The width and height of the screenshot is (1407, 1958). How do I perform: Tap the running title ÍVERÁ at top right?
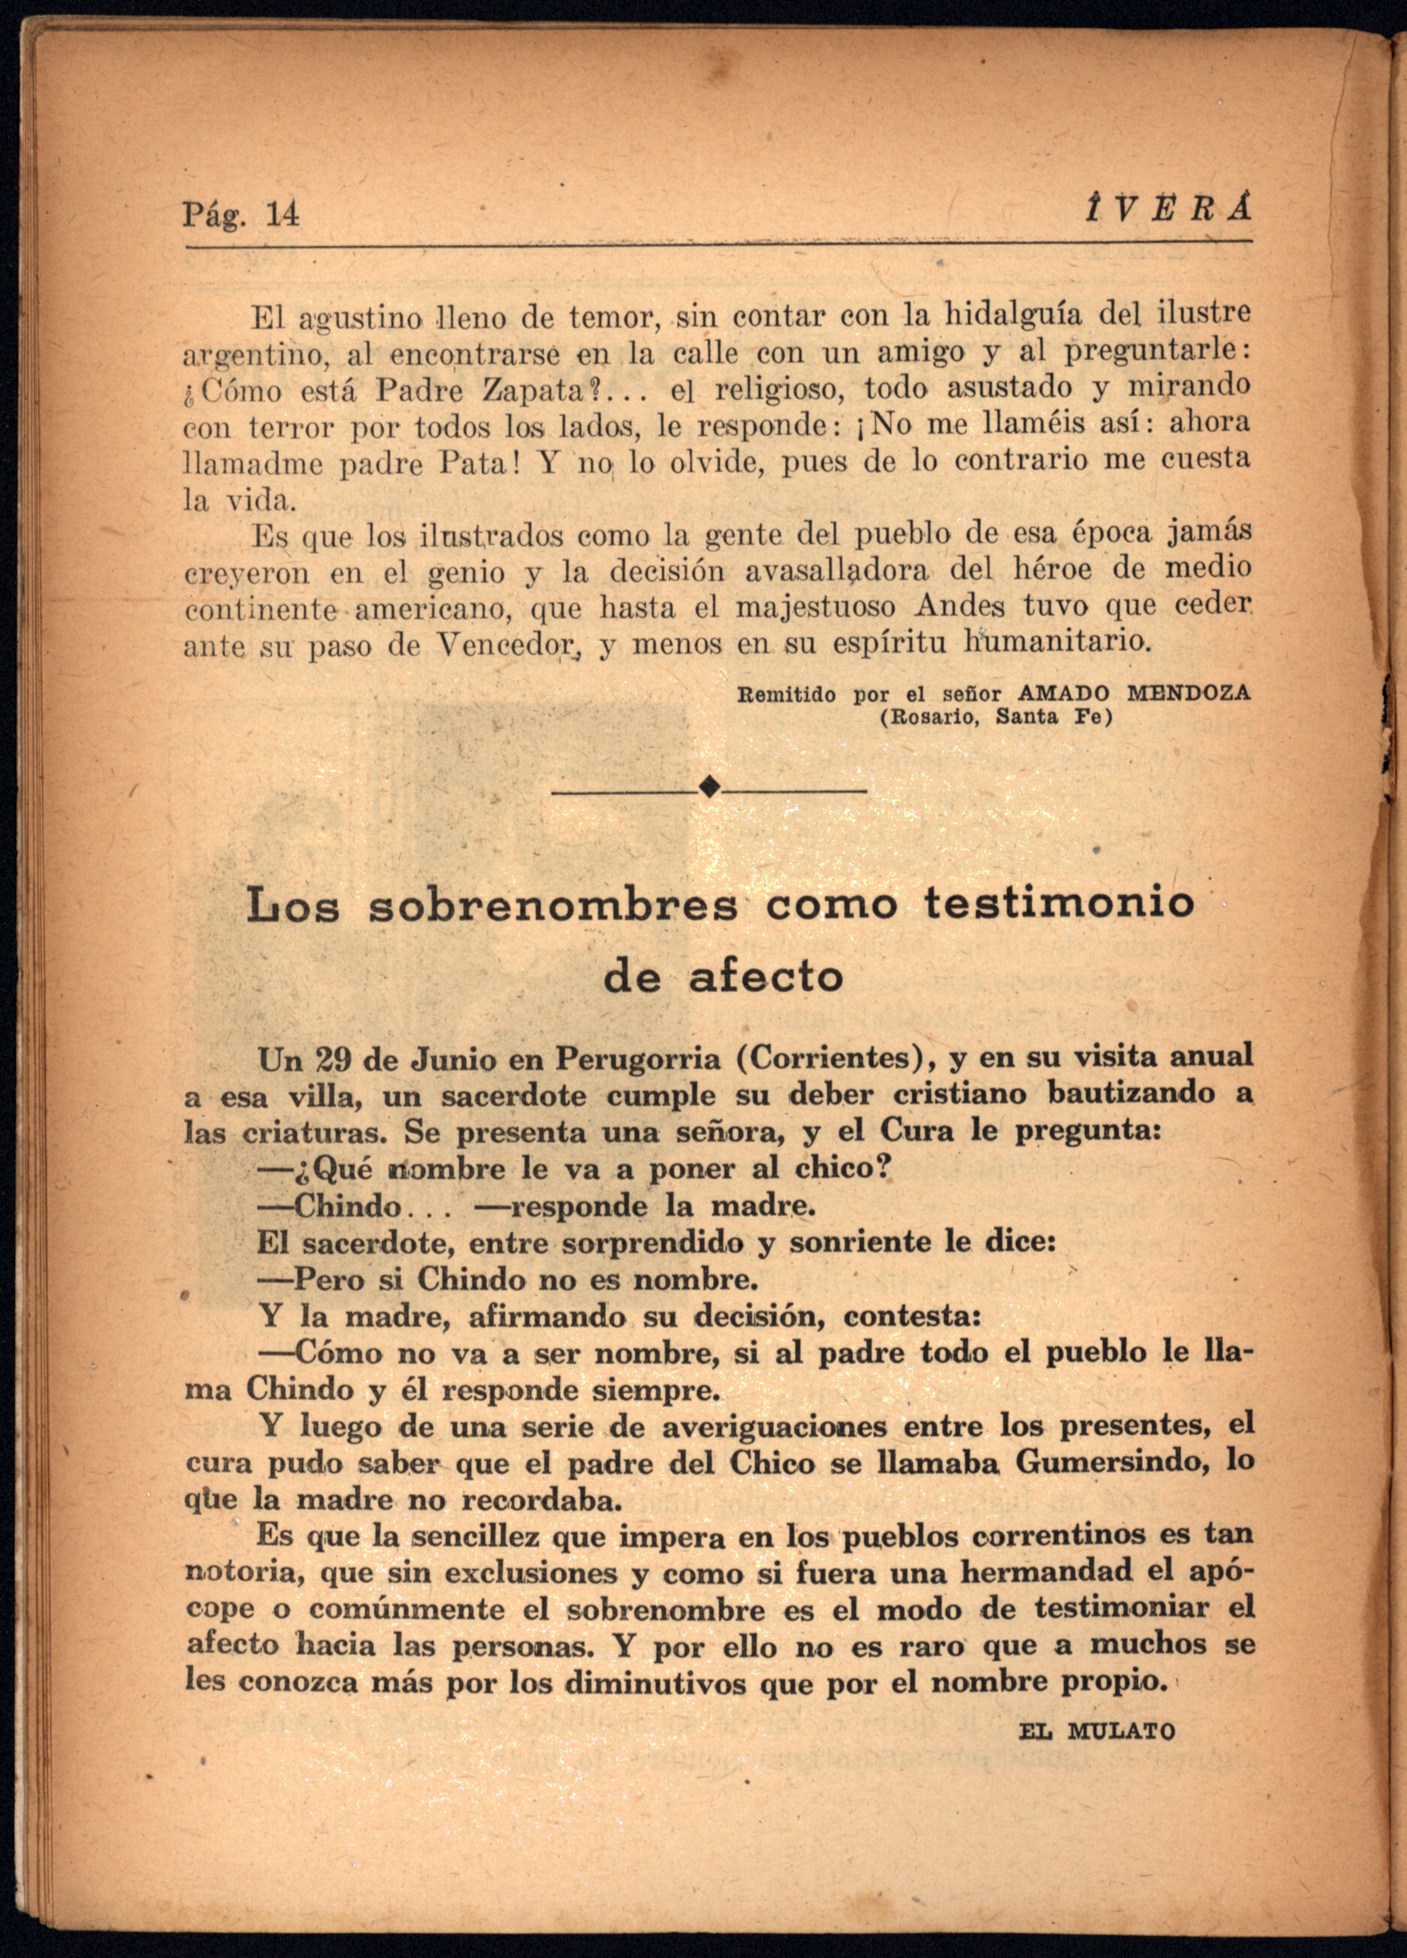point(1167,210)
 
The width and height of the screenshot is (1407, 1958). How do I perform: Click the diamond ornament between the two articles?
point(710,786)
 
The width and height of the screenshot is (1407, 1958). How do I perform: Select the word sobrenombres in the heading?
point(553,906)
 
